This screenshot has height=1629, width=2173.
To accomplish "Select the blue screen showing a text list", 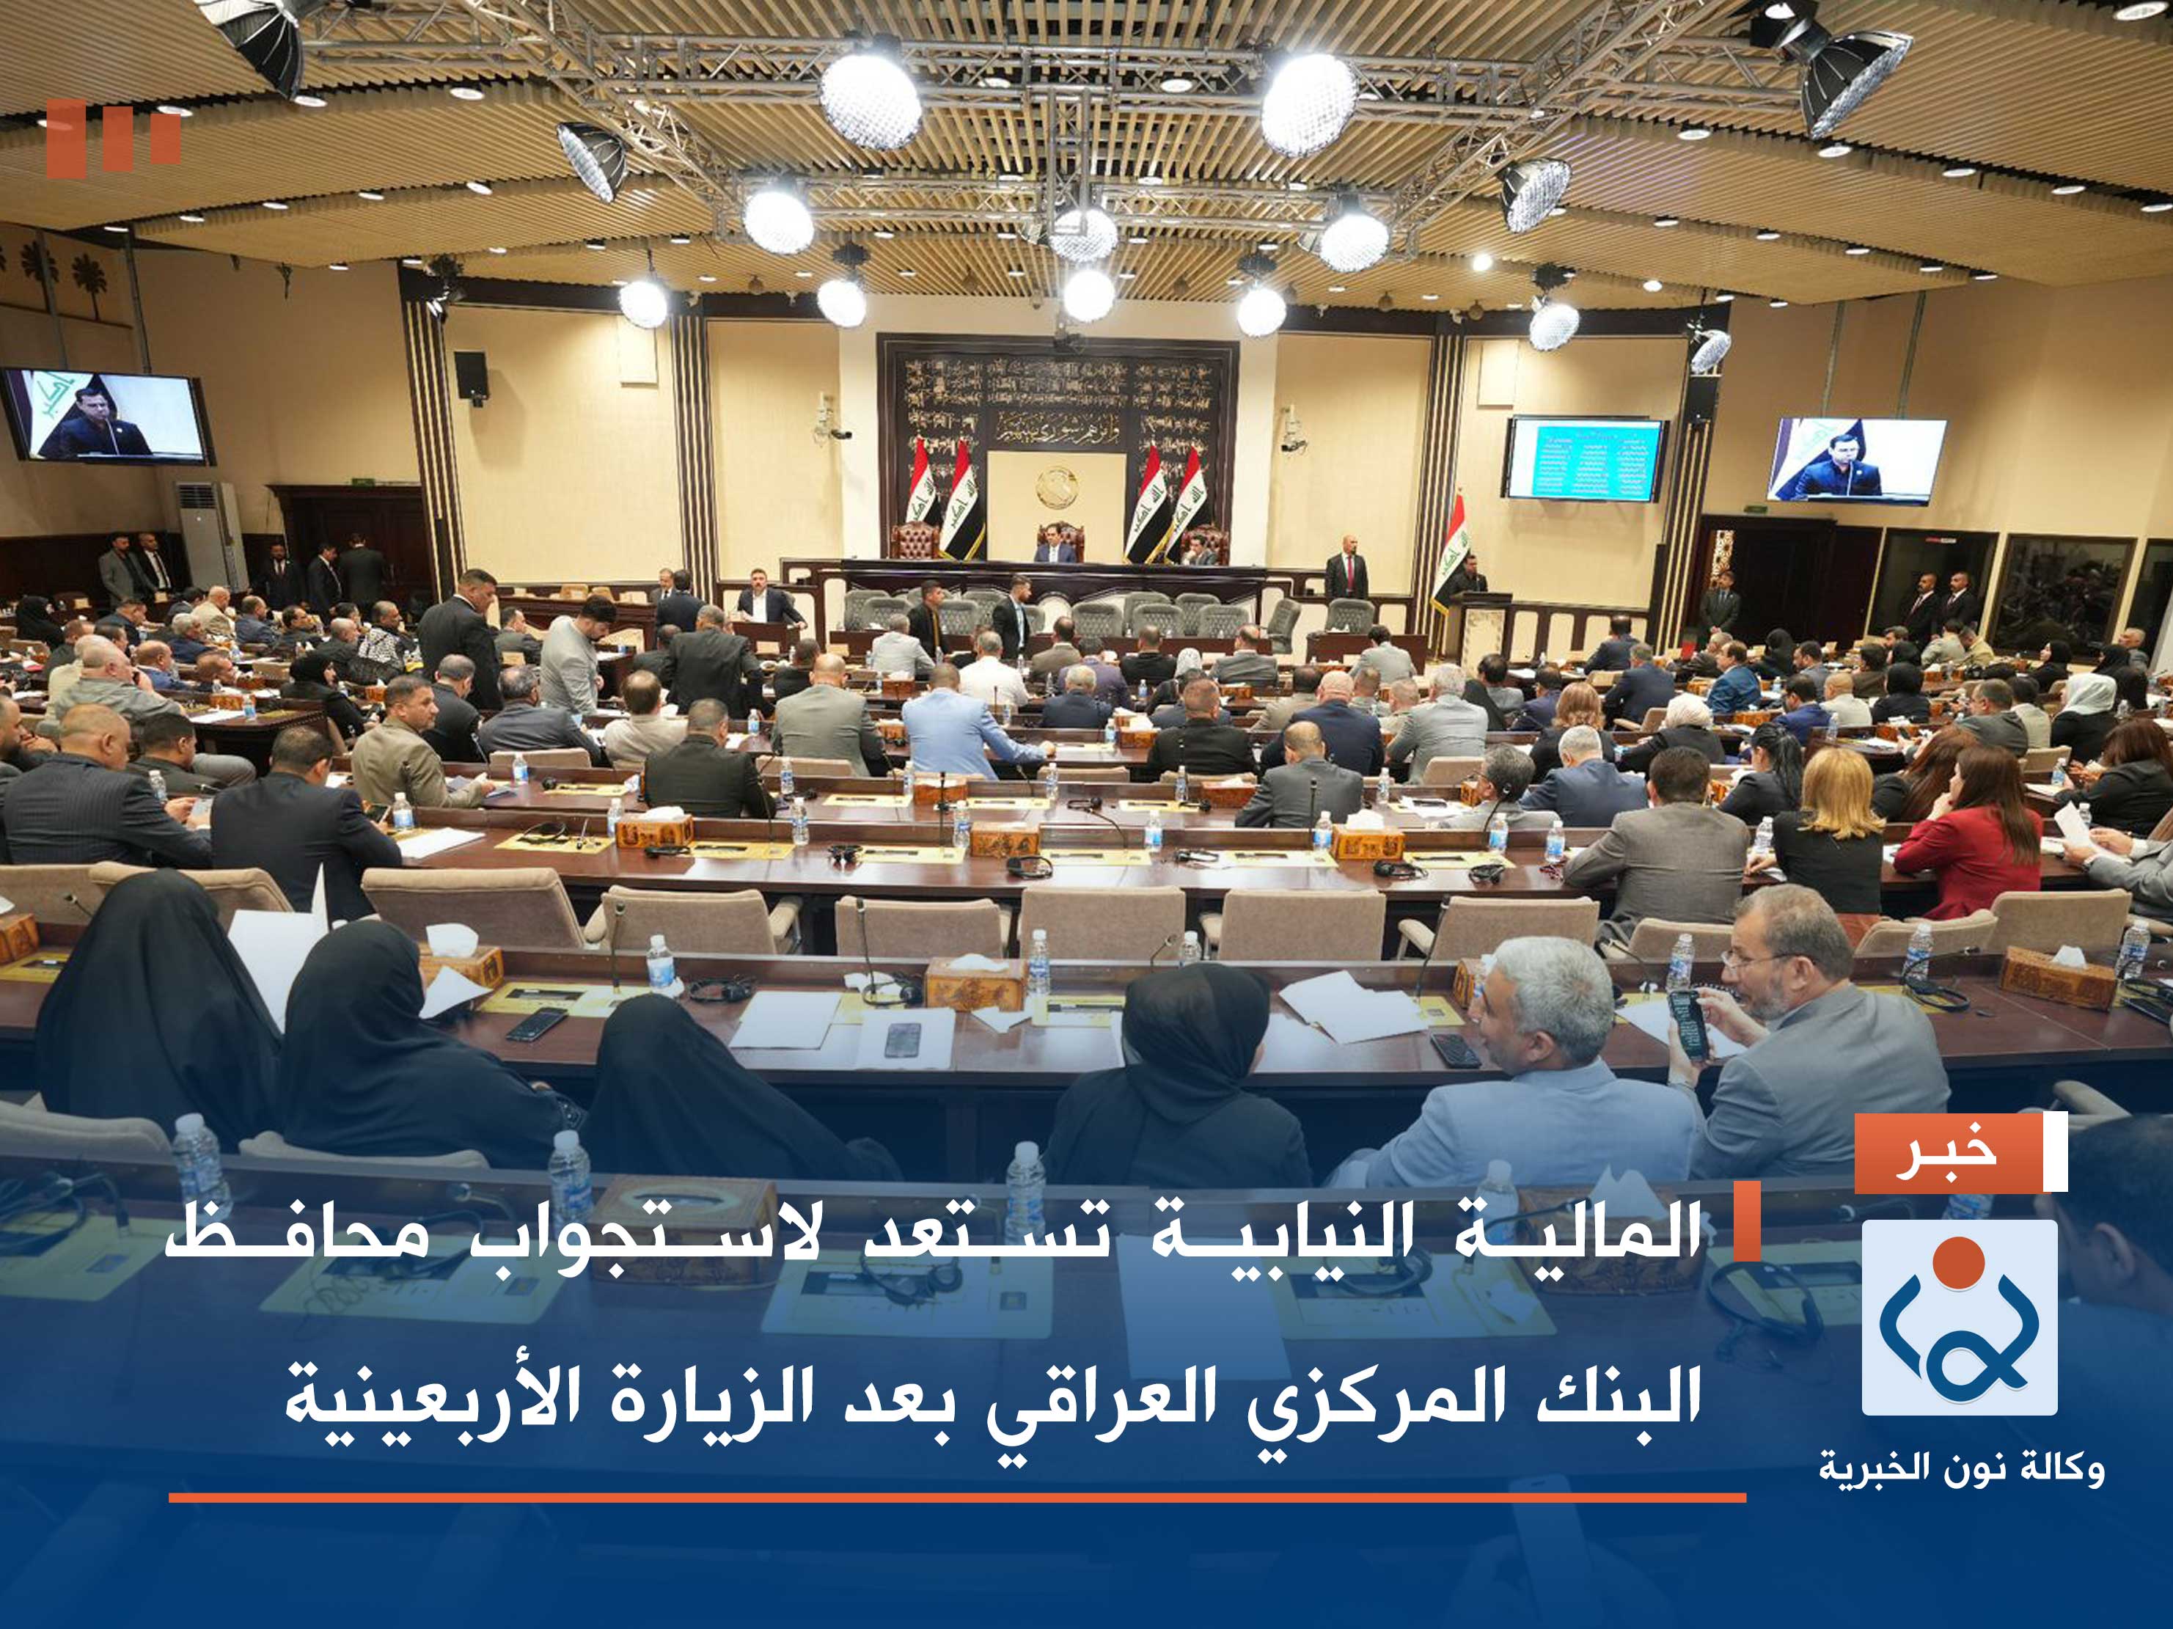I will (x=1586, y=459).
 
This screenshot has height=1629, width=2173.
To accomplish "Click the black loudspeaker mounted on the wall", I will (x=471, y=374).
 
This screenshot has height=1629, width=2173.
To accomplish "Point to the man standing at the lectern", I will (x=1467, y=579).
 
